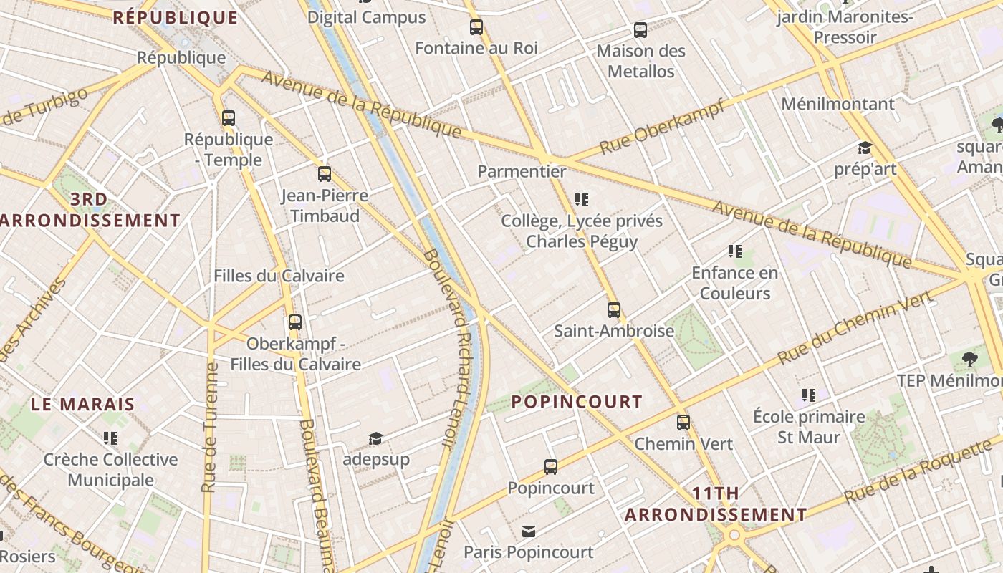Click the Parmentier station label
click(x=522, y=172)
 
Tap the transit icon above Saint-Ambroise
click(x=614, y=310)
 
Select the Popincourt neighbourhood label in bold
click(x=577, y=401)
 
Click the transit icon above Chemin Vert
click(x=683, y=423)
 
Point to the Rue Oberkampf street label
click(x=661, y=127)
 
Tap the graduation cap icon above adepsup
click(x=375, y=438)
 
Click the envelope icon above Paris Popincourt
click(x=529, y=531)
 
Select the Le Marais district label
click(x=82, y=404)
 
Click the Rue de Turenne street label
click(x=209, y=427)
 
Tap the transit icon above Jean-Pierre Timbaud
click(x=325, y=174)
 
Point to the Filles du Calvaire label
click(x=279, y=276)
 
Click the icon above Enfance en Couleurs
click(x=734, y=251)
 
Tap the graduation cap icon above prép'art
click(x=865, y=148)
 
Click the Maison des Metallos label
click(x=640, y=62)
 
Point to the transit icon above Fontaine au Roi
click(x=476, y=28)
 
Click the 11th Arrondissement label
click(x=716, y=504)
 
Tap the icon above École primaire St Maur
click(x=809, y=395)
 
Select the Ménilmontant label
click(x=838, y=104)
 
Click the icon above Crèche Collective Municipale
click(x=110, y=438)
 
